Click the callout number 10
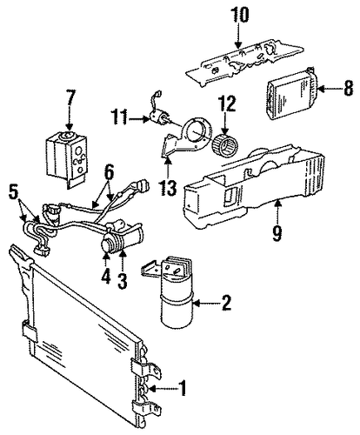click(x=239, y=15)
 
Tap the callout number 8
click(x=349, y=88)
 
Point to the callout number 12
click(x=227, y=104)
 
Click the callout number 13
click(x=168, y=188)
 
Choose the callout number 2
click(x=226, y=303)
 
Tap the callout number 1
click(x=183, y=388)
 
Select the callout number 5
click(x=14, y=193)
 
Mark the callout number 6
click(x=109, y=172)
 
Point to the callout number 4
click(x=106, y=277)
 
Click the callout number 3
click(x=123, y=280)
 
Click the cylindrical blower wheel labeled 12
click(x=225, y=144)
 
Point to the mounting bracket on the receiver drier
click(x=150, y=268)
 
